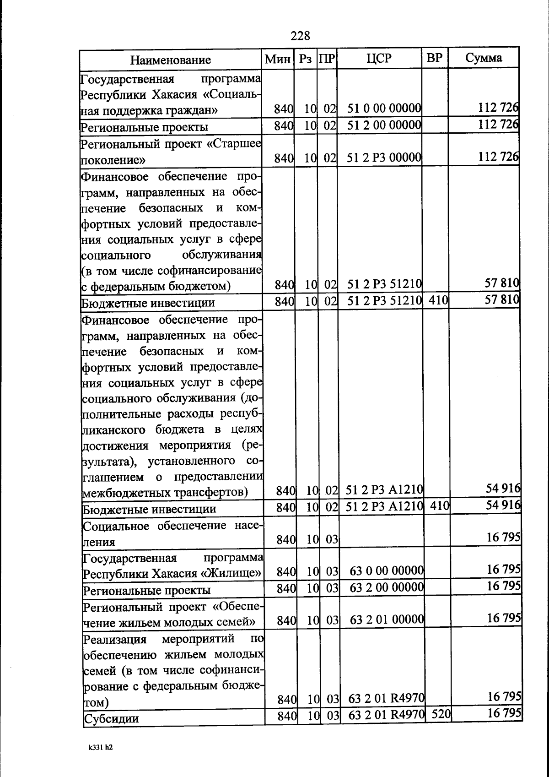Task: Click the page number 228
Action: [300, 36]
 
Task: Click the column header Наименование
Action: [171, 60]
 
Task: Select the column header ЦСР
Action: [379, 58]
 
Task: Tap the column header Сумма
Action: [484, 58]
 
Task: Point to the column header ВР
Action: [434, 58]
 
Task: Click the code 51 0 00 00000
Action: [384, 109]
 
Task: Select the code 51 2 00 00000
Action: [384, 125]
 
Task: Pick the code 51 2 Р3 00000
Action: [384, 158]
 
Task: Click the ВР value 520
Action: [441, 713]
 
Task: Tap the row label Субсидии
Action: [111, 718]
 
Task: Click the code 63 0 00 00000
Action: [387, 571]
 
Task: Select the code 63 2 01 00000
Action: [387, 619]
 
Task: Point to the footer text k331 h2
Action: [100, 747]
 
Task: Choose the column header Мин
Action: [278, 59]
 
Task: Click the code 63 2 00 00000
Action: [387, 587]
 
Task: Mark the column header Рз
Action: [306, 59]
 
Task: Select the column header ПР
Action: [327, 59]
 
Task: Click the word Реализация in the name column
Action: [115, 639]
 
